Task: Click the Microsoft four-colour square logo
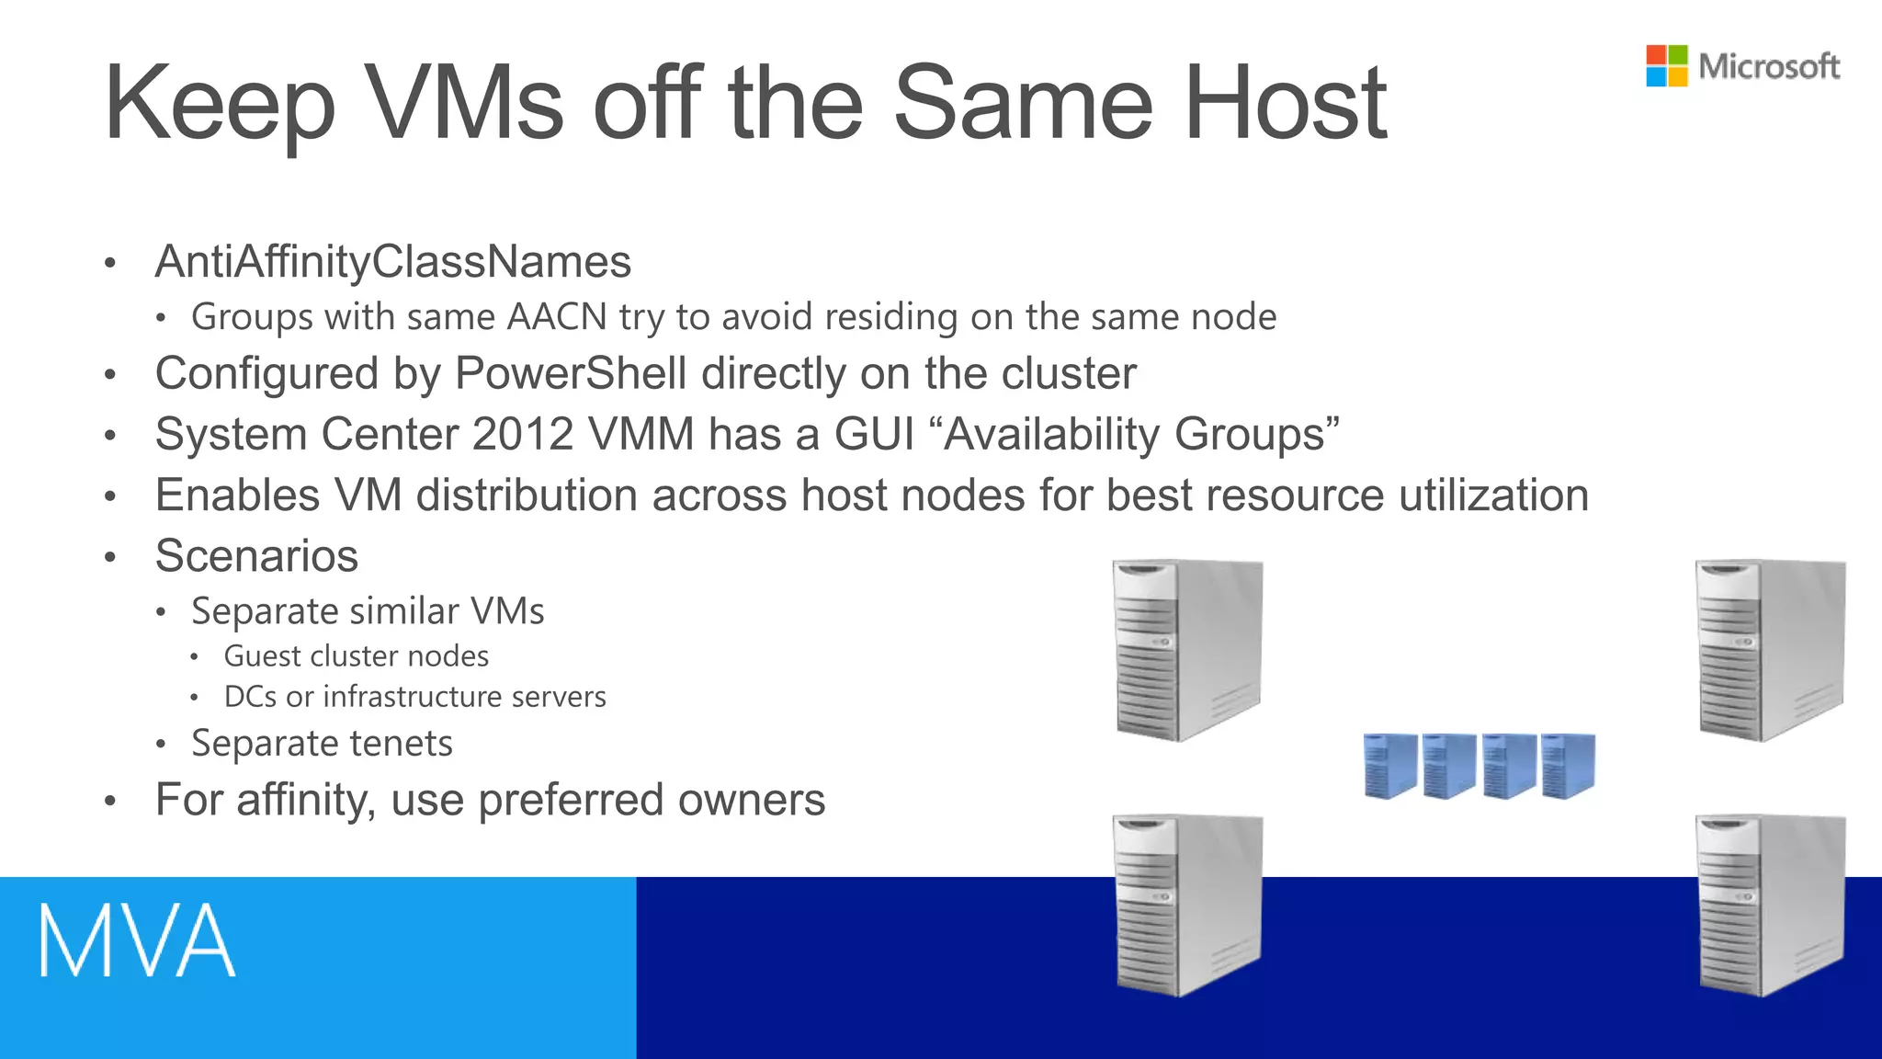click(1666, 66)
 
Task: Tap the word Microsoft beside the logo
click(1769, 66)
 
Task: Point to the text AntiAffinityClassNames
click(393, 262)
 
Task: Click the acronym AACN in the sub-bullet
click(557, 317)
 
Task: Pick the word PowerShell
click(571, 374)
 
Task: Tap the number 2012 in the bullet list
click(523, 434)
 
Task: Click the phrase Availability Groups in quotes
click(1140, 434)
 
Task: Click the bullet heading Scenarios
click(256, 556)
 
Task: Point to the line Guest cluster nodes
click(356, 656)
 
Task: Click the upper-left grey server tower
click(1186, 650)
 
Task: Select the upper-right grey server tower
click(1769, 650)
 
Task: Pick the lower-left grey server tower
click(1186, 905)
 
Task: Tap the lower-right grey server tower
click(1769, 905)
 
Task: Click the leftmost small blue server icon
click(1389, 765)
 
